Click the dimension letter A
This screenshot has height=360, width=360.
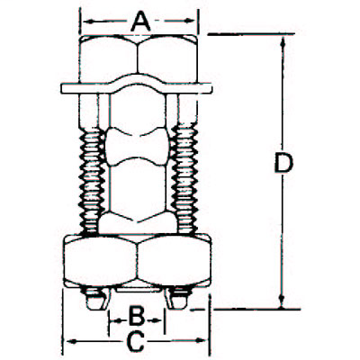pos(139,18)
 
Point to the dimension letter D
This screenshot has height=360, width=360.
pos(283,165)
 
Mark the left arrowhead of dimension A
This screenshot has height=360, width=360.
pos(86,17)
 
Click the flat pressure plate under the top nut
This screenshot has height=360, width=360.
pos(139,88)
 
